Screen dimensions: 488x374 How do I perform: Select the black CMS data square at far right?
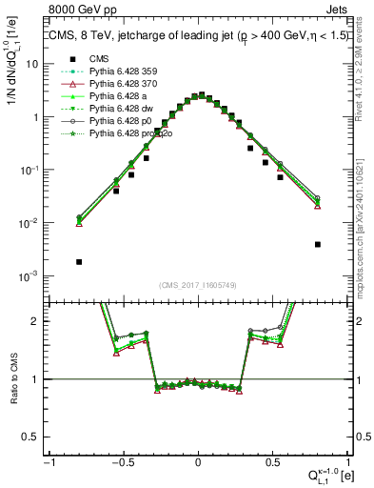[x=317, y=244]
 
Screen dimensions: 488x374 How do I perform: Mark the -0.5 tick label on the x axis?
[x=122, y=462]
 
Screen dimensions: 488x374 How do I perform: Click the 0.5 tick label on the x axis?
[x=272, y=462]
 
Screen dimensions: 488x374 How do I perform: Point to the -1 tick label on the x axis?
[x=48, y=462]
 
